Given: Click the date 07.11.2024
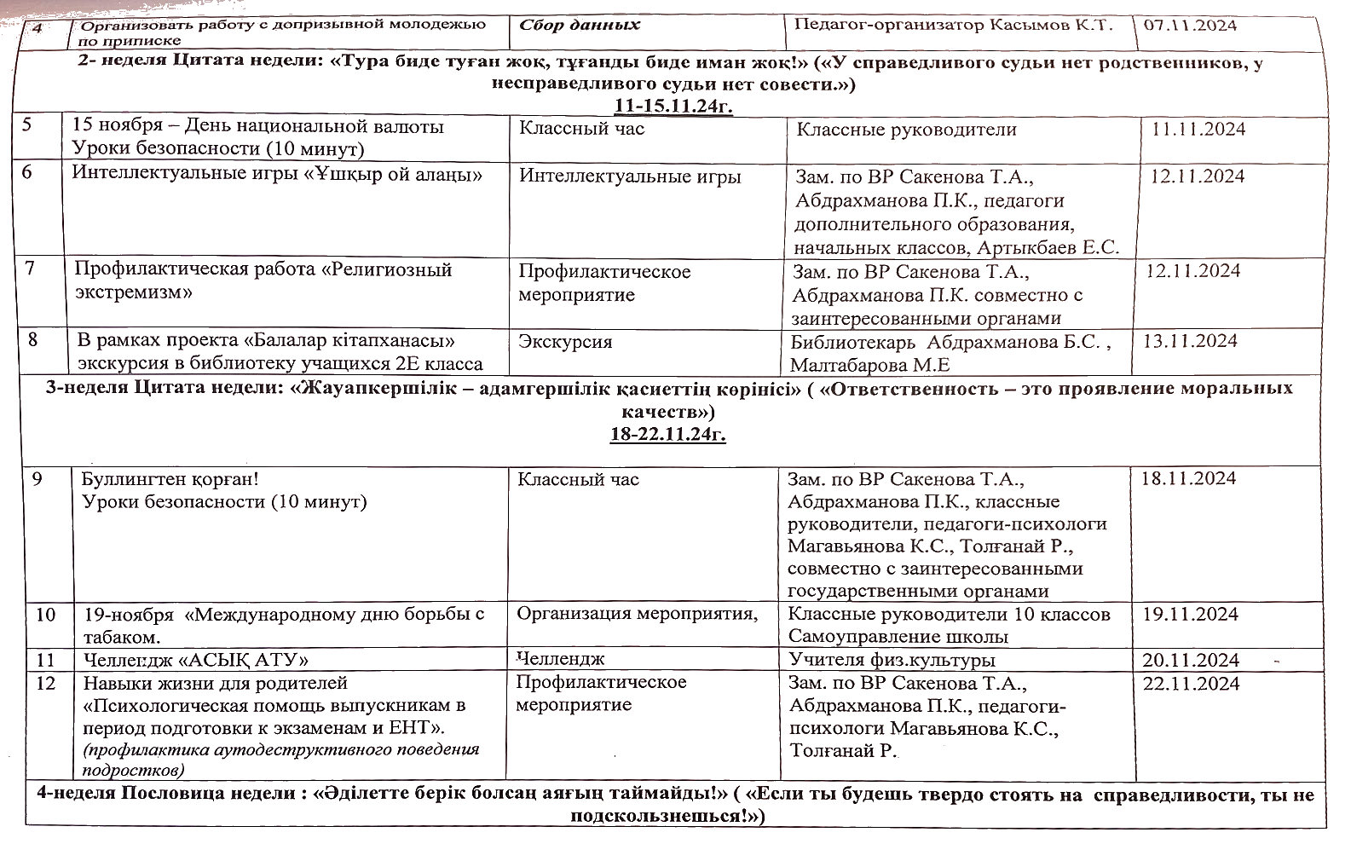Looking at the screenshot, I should coord(1190,25).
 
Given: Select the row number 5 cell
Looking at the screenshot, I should coord(27,125).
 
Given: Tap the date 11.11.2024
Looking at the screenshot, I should coord(1198,130).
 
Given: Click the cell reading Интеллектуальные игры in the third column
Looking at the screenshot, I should coord(630,176).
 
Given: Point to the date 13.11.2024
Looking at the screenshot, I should coord(1190,341).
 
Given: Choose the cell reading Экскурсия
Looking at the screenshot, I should coord(565,342).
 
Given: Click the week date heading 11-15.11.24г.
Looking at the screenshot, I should coord(673,106).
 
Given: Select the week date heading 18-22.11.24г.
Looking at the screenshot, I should coord(667,434).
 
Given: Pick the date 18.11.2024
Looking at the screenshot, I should coord(1188,478).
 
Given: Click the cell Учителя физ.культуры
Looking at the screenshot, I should coord(892,660).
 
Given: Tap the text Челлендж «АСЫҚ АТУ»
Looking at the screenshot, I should coord(196,660).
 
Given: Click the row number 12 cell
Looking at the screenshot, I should coord(47,683).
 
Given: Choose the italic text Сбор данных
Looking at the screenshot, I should coord(580,25).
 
